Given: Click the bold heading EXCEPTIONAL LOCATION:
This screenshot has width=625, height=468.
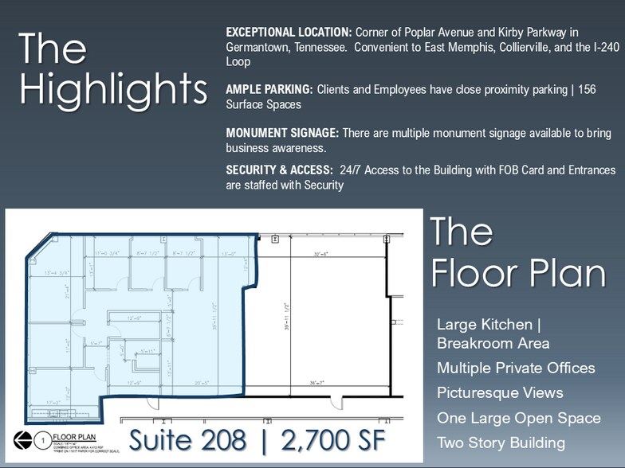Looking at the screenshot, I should [x=289, y=32].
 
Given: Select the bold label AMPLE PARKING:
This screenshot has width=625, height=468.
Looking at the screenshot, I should [x=269, y=89].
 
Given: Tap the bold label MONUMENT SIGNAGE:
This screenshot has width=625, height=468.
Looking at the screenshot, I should [x=282, y=133].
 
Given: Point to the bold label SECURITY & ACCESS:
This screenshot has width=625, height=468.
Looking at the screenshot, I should [x=279, y=170].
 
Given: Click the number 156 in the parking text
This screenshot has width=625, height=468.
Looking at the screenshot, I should [x=586, y=89].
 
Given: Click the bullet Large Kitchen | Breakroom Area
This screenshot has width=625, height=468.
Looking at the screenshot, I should [x=493, y=333].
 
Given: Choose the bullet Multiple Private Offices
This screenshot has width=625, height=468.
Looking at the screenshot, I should [x=516, y=368].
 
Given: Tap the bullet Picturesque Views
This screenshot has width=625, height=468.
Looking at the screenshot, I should [x=500, y=392].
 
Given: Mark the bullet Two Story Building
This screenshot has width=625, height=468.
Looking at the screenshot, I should [x=501, y=443].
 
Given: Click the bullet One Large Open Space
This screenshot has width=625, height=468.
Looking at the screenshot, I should [x=518, y=418].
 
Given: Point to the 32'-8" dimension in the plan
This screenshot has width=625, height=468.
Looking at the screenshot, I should [x=320, y=255].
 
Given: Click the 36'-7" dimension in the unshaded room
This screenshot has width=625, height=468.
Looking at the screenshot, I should [x=320, y=383].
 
